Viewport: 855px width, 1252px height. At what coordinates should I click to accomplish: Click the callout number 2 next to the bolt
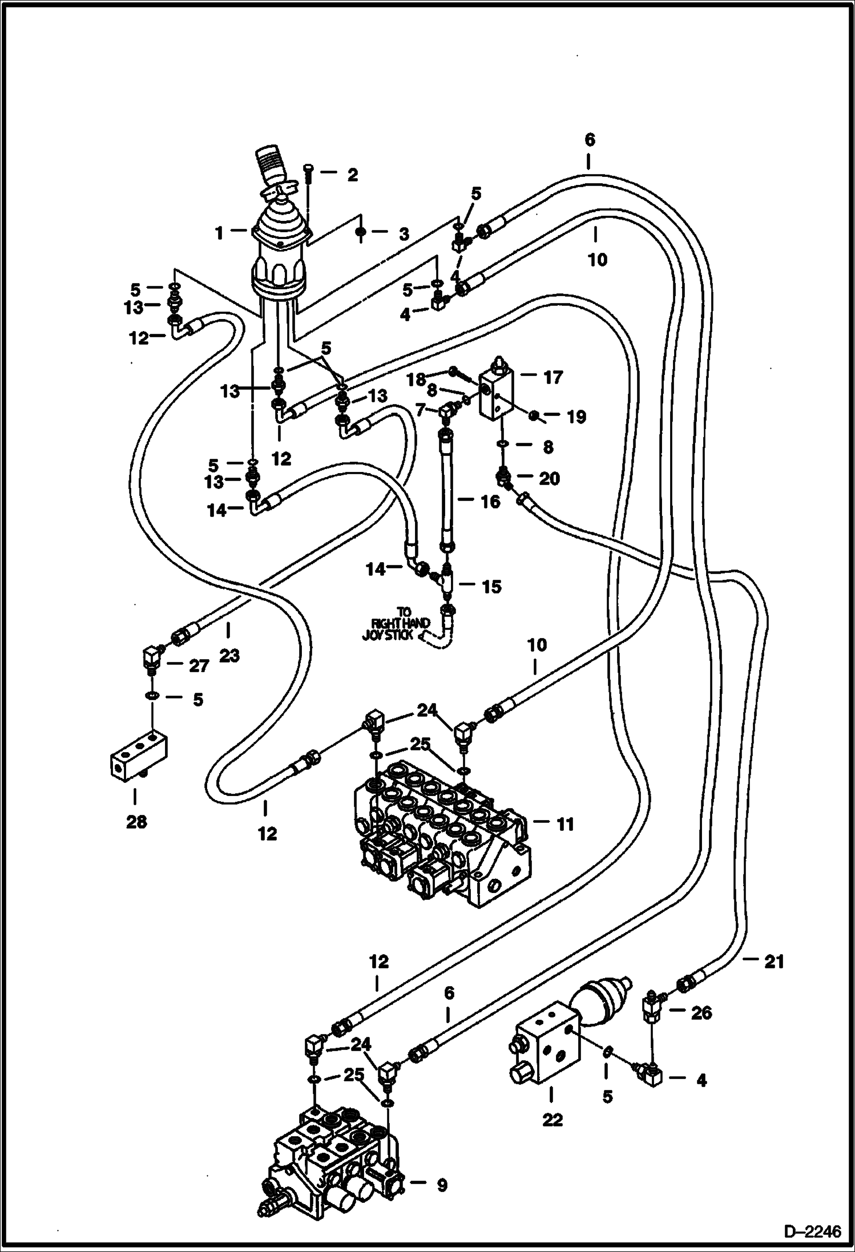point(352,175)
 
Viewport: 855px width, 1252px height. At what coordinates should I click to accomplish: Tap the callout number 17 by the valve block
point(553,377)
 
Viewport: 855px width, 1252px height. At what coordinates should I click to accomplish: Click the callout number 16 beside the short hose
point(490,502)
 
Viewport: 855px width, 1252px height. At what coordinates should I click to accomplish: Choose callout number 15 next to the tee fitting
point(491,587)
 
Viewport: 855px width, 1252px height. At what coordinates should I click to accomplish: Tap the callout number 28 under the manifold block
point(136,822)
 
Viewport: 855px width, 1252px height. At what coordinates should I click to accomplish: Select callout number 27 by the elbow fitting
point(198,666)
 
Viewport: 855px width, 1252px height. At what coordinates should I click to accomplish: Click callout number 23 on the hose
point(229,656)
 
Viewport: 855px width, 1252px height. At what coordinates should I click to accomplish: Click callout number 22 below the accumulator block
point(552,1120)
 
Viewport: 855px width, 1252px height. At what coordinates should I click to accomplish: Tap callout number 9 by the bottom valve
point(442,1185)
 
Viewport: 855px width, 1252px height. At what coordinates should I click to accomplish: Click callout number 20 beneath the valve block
point(549,478)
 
